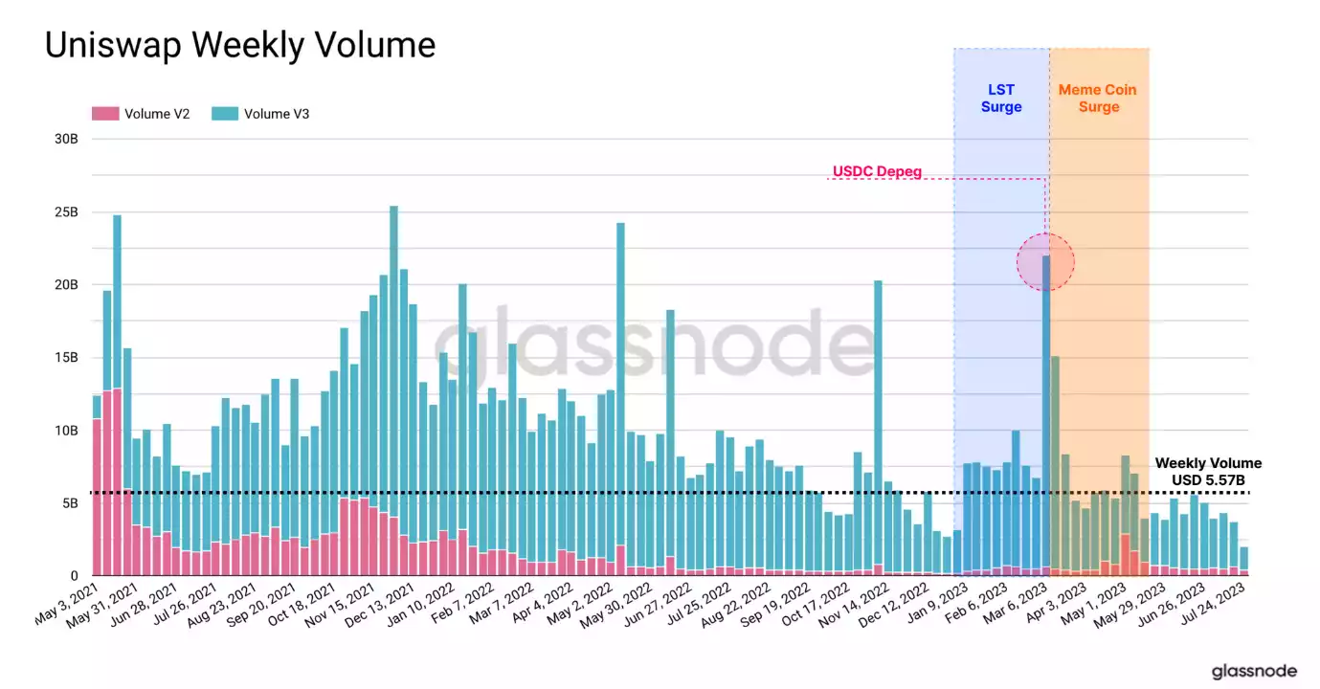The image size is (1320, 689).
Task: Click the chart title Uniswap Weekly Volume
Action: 240,45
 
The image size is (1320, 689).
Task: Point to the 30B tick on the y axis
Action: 65,139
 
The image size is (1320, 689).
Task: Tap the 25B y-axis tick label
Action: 65,211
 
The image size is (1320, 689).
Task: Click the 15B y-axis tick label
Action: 65,358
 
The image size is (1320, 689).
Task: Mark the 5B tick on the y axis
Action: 69,503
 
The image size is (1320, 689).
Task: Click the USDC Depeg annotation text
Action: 876,172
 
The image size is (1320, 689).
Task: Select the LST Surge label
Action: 1001,98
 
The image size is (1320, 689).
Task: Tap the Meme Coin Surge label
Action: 1098,98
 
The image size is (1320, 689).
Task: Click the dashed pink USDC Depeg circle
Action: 1045,261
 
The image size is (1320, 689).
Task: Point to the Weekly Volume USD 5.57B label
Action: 1208,471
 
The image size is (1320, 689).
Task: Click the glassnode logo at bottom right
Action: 1254,671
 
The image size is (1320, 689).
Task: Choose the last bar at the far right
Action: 1242,561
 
